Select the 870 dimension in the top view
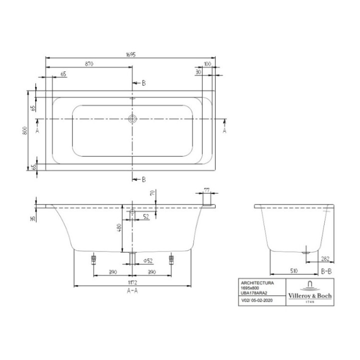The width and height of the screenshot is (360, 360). point(89,64)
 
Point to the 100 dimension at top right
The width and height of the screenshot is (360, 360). point(207,64)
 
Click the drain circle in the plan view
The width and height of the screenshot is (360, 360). point(132,119)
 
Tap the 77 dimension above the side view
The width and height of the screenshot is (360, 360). point(206,190)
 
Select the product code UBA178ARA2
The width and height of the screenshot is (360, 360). point(253,293)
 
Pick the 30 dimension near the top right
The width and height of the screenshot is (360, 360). point(198,72)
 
